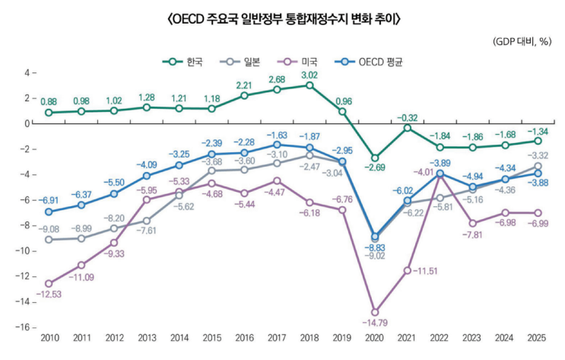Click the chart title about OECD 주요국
point(282,19)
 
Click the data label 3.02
point(309,75)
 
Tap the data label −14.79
point(375,323)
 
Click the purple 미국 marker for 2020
point(375,311)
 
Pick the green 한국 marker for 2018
point(309,85)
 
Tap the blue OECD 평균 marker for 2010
point(49,212)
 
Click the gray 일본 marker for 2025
point(538,166)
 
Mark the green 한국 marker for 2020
point(375,158)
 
